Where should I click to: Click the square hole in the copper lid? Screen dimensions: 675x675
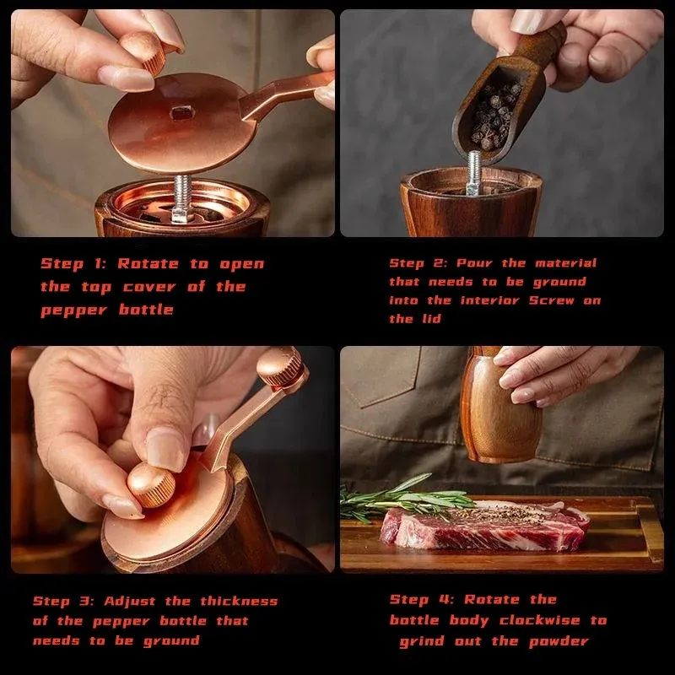point(182,113)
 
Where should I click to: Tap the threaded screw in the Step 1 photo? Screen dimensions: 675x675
point(182,198)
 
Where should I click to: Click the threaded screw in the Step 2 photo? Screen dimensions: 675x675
point(473,173)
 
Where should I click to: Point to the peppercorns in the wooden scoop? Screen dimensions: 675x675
point(495,115)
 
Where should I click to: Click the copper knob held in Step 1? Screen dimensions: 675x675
point(146,51)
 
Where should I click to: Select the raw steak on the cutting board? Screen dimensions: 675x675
point(484,526)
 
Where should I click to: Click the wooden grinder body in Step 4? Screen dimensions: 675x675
point(499,409)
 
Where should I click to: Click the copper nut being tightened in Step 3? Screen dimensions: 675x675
point(151,484)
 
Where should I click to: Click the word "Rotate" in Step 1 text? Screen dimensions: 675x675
point(148,264)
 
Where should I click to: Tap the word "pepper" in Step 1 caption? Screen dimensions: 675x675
point(73,310)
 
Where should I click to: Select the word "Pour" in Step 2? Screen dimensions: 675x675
point(474,263)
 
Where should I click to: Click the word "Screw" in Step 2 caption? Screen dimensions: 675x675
point(552,300)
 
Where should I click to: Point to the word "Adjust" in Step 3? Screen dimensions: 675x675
point(130,602)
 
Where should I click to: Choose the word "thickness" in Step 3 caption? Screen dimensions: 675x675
point(239,601)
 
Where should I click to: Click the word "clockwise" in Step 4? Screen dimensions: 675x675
point(540,620)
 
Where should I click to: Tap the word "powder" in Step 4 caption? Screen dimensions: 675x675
point(559,642)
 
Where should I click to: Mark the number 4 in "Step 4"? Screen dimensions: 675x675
point(444,600)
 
